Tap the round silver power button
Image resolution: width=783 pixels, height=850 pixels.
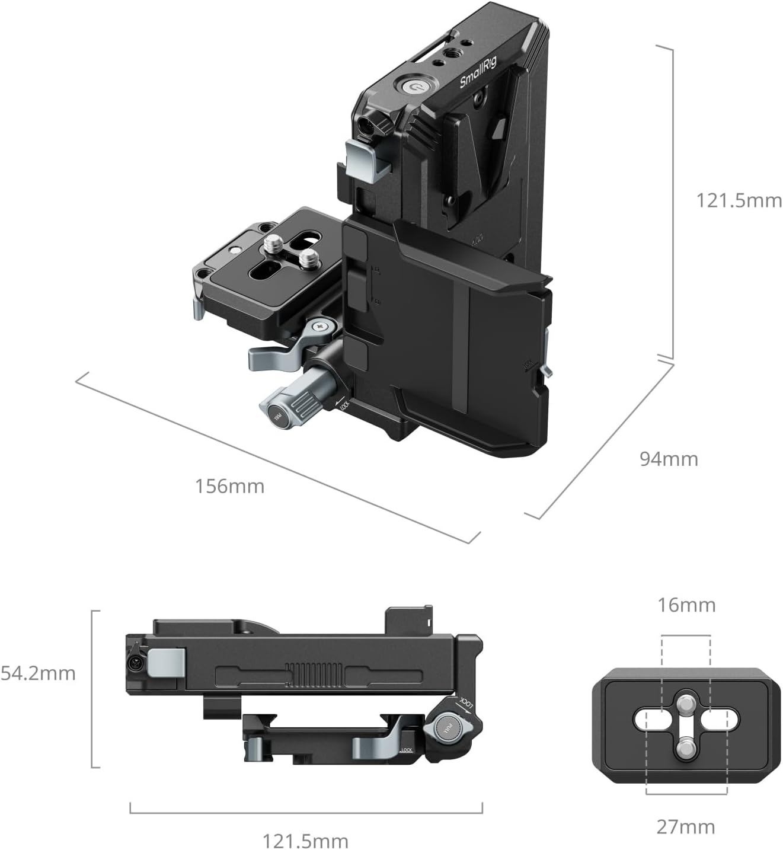pos(414,87)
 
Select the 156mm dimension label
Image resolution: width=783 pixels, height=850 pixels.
pos(229,486)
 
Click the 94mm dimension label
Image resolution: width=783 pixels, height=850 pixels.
pos(669,459)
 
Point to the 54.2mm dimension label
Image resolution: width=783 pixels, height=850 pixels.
pos(38,673)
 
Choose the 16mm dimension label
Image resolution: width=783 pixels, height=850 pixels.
pos(686,605)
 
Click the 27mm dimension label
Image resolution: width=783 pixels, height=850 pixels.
pos(685,826)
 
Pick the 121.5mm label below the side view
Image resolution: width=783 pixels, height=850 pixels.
pos(305,841)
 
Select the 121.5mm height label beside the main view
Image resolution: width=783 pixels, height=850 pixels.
pos(739,200)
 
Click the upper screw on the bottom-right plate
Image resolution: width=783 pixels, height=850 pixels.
pos(686,704)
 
